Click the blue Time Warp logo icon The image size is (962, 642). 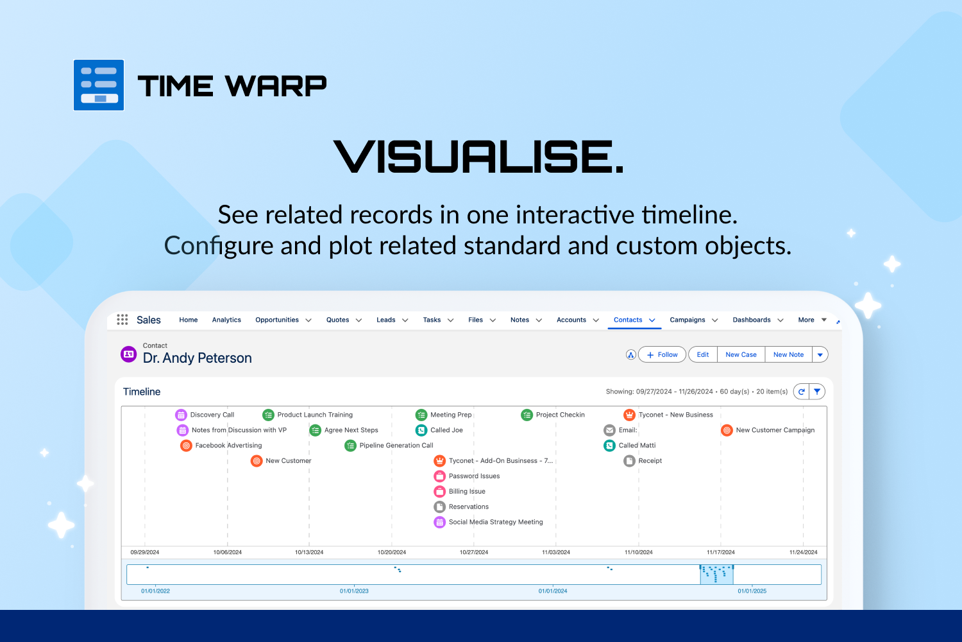pos(99,85)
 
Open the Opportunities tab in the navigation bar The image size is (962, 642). pos(277,320)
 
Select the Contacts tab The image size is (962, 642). pos(628,320)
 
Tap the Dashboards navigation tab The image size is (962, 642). pos(752,320)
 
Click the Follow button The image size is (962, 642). pos(662,355)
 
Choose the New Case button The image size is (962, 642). pos(741,355)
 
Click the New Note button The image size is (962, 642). pos(788,355)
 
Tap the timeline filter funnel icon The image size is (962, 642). pos(817,392)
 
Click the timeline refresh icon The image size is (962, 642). pos(802,392)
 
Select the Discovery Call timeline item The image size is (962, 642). pos(205,415)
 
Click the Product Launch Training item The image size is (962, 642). pos(307,415)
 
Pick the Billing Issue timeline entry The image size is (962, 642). pos(460,492)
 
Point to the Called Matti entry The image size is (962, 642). pos(630,446)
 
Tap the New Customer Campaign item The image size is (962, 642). pos(768,430)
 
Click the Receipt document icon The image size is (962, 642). pos(629,461)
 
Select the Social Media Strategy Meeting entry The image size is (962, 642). pos(488,522)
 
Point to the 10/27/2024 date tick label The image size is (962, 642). pos(474,552)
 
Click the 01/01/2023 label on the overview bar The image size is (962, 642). pos(354,591)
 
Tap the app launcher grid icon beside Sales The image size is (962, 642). pos(122,320)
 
